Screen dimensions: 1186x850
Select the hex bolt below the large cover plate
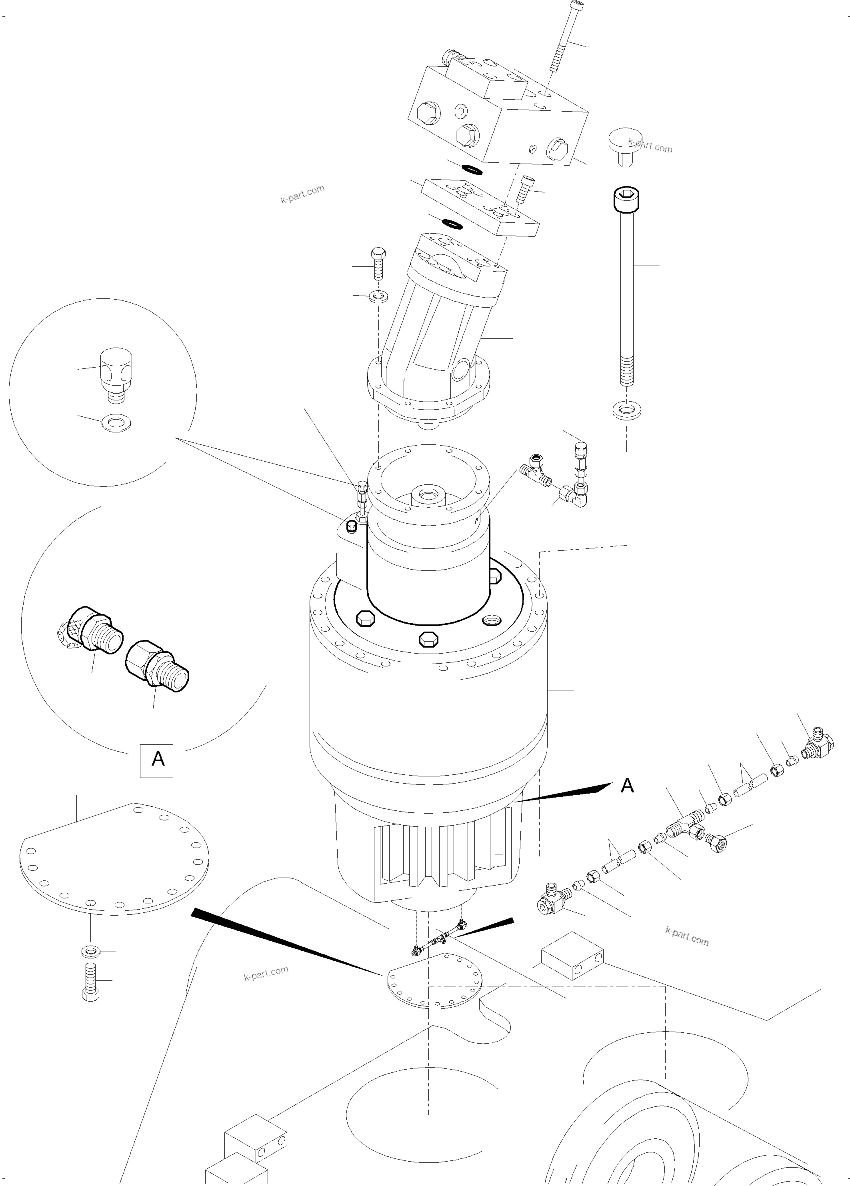[x=91, y=982]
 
